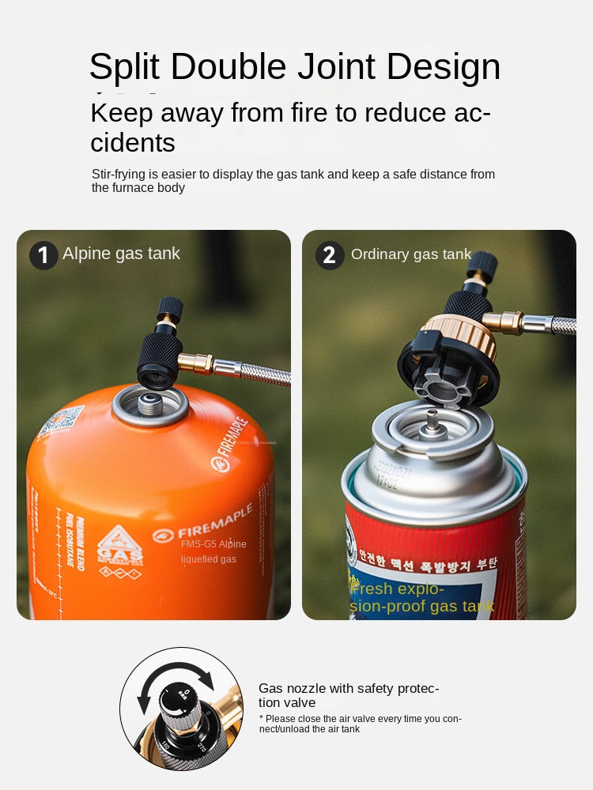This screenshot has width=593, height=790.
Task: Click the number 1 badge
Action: (43, 255)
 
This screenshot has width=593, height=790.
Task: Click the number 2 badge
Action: (330, 255)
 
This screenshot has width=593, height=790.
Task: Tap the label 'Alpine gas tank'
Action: (121, 254)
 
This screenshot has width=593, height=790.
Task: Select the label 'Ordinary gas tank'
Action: (411, 254)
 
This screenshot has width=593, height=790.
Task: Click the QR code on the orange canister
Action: (60, 423)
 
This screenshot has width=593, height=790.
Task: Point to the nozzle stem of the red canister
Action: (433, 423)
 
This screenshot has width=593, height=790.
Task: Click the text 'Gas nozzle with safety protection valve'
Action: (349, 695)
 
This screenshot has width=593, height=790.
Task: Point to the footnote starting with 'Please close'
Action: (360, 724)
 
